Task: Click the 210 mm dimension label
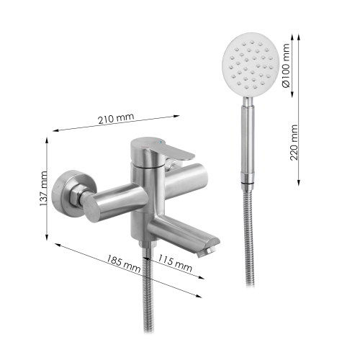point(116,118)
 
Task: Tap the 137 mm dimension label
point(43,189)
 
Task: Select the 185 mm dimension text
point(123,264)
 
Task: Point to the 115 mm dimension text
point(175,263)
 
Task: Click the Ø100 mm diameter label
point(286,66)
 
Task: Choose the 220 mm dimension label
point(294,143)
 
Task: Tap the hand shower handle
point(248,139)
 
